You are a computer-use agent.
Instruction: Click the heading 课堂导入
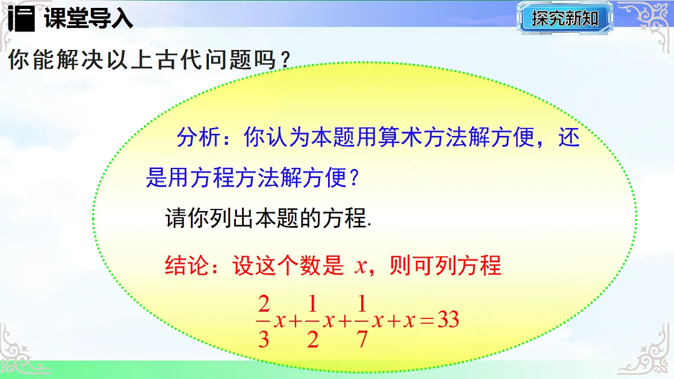(x=88, y=19)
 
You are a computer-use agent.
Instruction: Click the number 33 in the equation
(x=448, y=321)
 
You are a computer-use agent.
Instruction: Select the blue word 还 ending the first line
(x=568, y=138)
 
